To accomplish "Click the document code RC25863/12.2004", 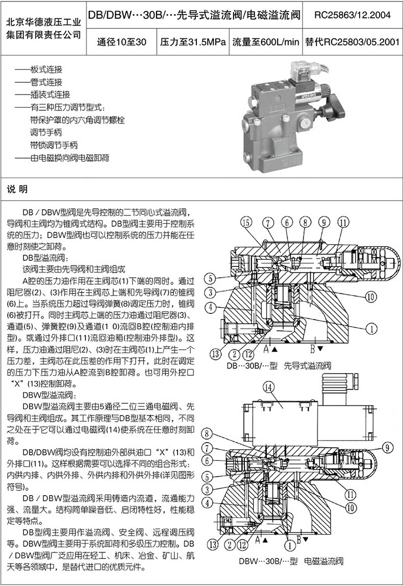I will [352, 15].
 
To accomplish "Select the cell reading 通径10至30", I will [121, 42].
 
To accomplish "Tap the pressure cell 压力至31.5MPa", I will [193, 42].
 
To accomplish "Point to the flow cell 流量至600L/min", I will [265, 42].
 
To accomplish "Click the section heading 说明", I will [17, 189].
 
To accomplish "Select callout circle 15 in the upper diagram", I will [246, 222].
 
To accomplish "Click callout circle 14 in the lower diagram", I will [267, 387].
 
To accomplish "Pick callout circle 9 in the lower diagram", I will [388, 448].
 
